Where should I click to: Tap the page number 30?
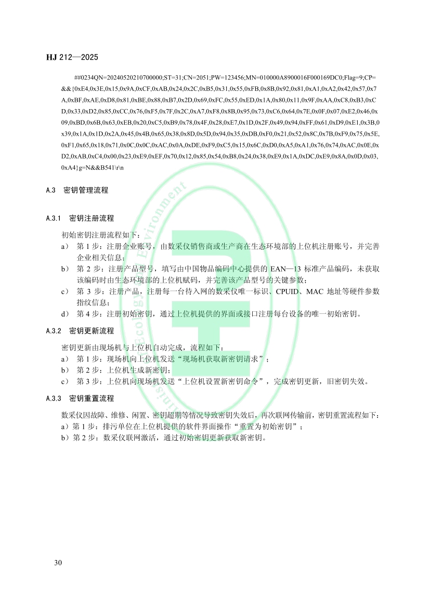(58, 563)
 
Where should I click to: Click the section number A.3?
(50, 190)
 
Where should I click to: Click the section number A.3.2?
(54, 331)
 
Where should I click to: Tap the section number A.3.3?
(54, 399)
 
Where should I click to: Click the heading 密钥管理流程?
(86, 190)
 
